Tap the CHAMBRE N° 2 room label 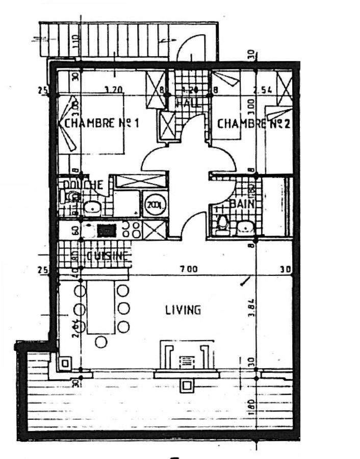(254, 124)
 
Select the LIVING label (183, 310)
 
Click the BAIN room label (242, 204)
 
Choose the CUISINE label (107, 256)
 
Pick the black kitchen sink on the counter (107, 231)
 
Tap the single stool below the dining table (101, 342)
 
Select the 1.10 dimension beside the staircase (75, 40)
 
